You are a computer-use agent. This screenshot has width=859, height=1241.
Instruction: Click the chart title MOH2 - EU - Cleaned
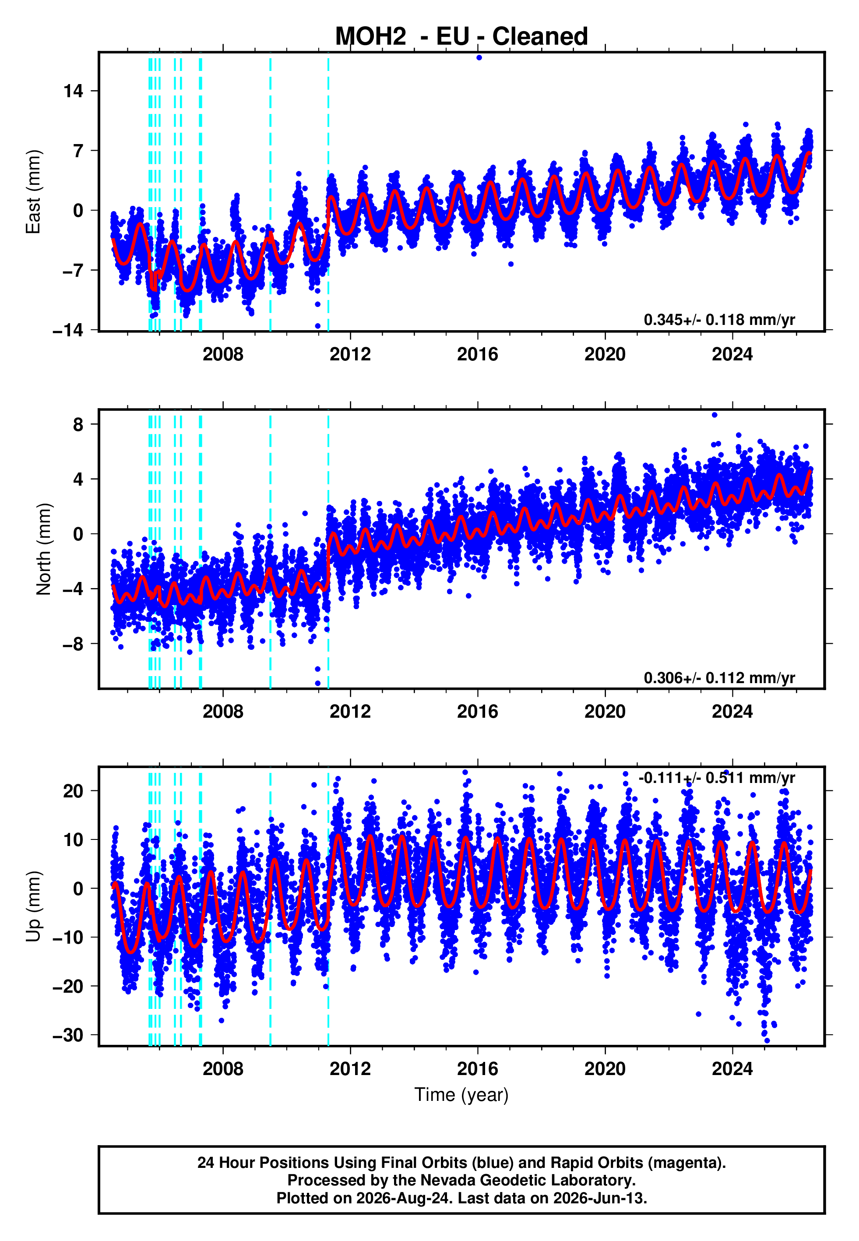tap(461, 37)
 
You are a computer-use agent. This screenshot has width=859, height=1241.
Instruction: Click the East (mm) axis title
tap(33, 192)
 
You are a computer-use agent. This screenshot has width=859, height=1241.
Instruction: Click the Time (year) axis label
tap(461, 1095)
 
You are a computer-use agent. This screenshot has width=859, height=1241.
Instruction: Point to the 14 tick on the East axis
tap(73, 91)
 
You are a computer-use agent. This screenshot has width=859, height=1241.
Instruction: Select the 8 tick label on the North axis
tap(78, 425)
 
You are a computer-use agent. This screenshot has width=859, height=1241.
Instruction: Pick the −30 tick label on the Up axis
tap(68, 1035)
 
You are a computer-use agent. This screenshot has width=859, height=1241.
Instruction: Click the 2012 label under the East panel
tap(350, 354)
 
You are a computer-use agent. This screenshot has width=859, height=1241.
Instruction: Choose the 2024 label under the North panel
tap(732, 712)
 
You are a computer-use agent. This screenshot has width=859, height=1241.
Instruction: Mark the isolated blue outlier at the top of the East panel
tap(479, 57)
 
